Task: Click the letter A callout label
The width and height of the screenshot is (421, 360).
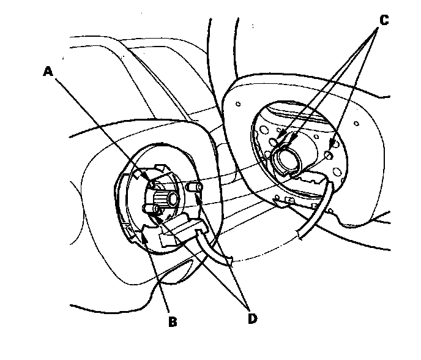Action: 49,71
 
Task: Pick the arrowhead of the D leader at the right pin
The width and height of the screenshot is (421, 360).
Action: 198,195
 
